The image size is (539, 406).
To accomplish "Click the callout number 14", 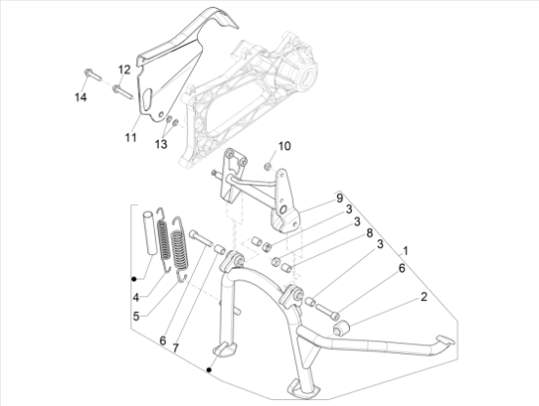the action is tap(80, 97).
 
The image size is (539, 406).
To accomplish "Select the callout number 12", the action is tap(124, 70).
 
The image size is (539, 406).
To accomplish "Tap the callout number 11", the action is tap(130, 137).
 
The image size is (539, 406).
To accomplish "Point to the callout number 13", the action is tap(161, 144).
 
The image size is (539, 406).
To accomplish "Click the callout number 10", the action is tap(284, 146).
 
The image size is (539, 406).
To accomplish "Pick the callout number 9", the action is tap(340, 198).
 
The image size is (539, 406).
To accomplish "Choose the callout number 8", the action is tap(369, 233).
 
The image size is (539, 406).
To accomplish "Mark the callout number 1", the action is tap(406, 251).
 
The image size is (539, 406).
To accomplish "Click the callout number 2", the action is tap(423, 296).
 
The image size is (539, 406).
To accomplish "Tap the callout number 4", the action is tap(136, 297).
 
